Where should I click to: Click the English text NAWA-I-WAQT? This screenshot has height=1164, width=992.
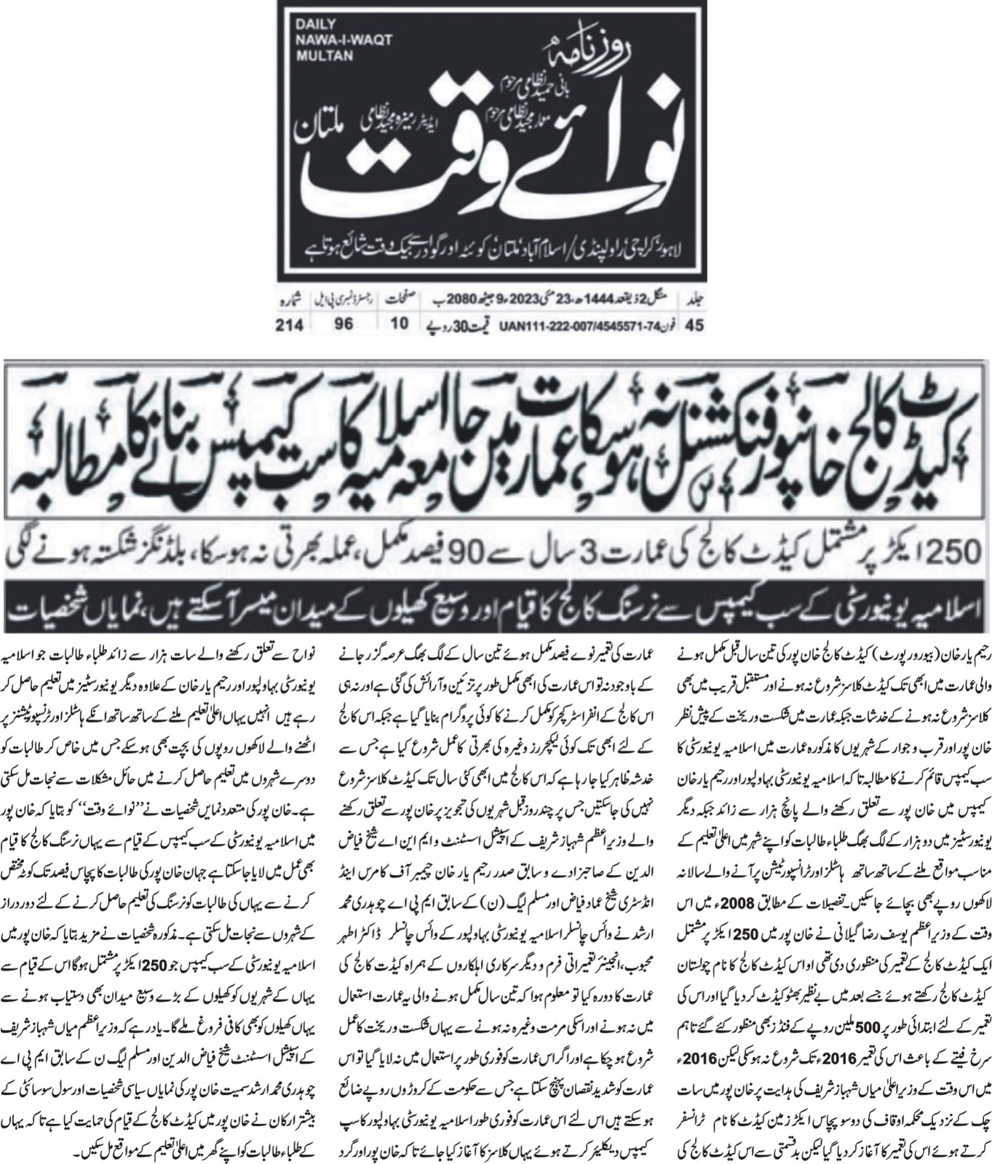pyautogui.click(x=335, y=39)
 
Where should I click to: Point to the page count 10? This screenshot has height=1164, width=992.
pyautogui.click(x=397, y=325)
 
